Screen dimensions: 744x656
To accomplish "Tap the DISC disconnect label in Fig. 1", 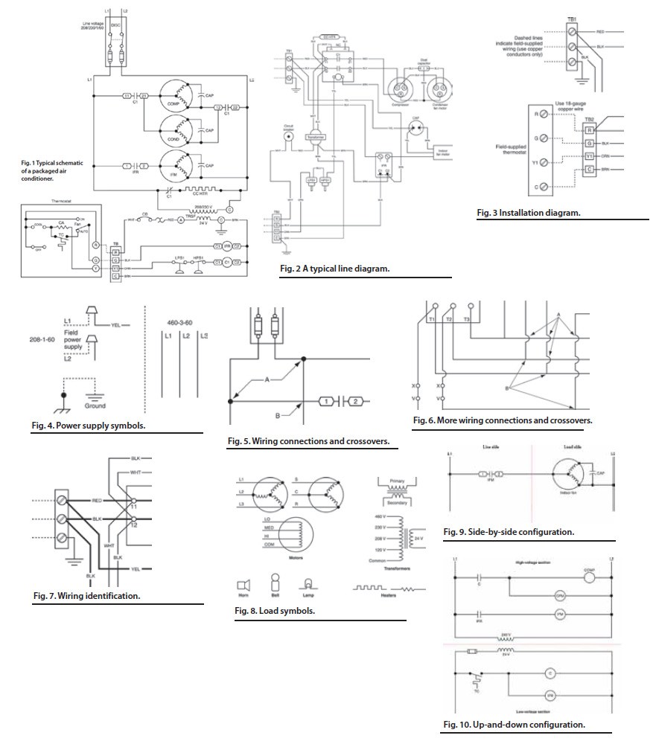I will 115,24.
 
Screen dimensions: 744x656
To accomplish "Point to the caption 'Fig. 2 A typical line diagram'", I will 334,267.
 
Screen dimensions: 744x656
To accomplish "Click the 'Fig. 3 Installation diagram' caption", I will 529,212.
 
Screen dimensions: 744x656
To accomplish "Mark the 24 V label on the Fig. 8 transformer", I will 418,538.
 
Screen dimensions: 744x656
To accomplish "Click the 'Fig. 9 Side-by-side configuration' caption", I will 508,532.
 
